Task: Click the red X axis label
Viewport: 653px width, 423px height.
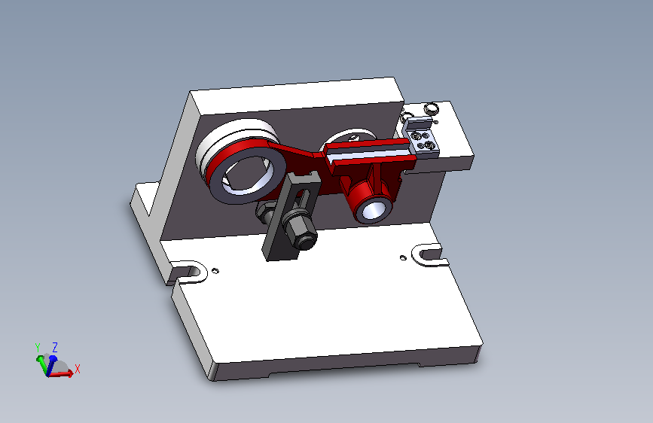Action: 77,369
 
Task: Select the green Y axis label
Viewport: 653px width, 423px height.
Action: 38,348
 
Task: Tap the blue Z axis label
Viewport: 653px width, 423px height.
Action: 55,347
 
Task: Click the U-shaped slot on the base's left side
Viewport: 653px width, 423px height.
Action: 188,270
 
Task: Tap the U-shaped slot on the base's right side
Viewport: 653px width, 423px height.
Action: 429,253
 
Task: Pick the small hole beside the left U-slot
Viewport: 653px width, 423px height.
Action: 216,269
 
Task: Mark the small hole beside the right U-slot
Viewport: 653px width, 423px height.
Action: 404,257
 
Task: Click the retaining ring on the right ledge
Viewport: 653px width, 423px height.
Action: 432,110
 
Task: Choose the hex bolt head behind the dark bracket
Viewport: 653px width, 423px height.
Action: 265,214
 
